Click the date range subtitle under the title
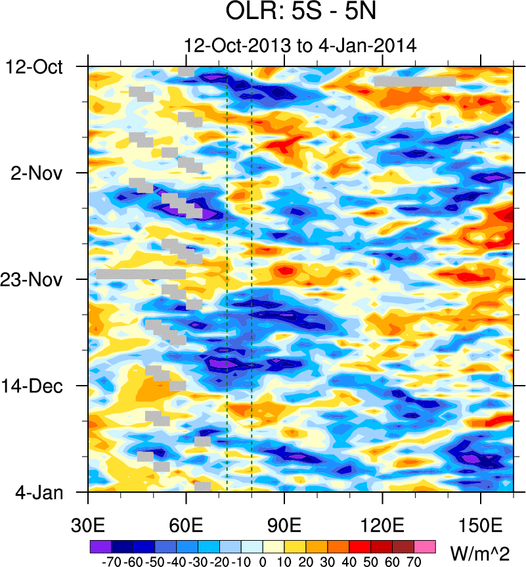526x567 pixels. click(x=300, y=45)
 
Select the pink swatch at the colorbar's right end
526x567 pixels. click(x=425, y=546)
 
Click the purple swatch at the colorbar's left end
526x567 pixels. click(x=100, y=546)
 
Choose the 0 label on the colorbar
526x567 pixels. click(x=262, y=562)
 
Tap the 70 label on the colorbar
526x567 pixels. click(x=414, y=562)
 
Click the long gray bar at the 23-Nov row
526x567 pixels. click(x=141, y=274)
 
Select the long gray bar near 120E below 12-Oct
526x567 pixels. click(x=415, y=81)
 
